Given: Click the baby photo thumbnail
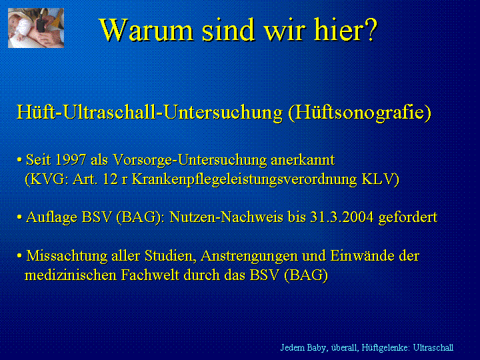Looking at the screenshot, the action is pos(36,28).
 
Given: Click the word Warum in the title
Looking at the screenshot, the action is pos(146,30).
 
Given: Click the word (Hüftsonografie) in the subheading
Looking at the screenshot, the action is pos(360,113).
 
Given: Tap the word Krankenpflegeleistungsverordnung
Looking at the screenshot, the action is pos(244,180).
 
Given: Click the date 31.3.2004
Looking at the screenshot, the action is pos(342,217).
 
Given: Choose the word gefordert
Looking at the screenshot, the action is pos(408,217).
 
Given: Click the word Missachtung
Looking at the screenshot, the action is pos(67,256).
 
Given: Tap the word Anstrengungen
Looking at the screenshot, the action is pos(249,256).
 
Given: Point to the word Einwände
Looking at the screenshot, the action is pos(362,255).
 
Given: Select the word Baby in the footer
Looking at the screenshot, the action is pos(318,348).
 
